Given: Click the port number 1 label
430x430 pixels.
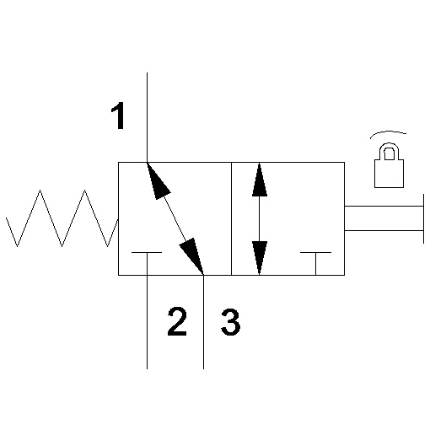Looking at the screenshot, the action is tap(118, 116).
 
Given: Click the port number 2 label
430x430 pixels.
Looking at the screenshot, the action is tap(177, 321).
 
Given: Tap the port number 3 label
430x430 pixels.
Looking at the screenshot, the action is tap(230, 322).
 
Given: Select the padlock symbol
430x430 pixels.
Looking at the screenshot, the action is tap(390, 165).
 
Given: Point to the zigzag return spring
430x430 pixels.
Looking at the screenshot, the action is tap(62, 218).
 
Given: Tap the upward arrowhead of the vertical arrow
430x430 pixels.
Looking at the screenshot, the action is tap(260, 179).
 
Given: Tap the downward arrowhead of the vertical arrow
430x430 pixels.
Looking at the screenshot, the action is tap(260, 258).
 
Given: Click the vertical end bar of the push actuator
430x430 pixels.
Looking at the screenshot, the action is tap(423, 218).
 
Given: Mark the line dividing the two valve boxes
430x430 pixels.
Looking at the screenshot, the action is tap(231, 218).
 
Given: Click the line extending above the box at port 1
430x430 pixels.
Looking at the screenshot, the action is tap(147, 117).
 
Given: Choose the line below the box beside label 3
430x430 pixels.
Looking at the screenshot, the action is tap(203, 322).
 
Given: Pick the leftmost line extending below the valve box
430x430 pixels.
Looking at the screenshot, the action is tap(147, 322).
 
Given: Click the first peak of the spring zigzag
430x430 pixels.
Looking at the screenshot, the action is tap(40, 191).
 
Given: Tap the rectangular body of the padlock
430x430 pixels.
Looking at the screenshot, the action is tap(390, 174).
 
